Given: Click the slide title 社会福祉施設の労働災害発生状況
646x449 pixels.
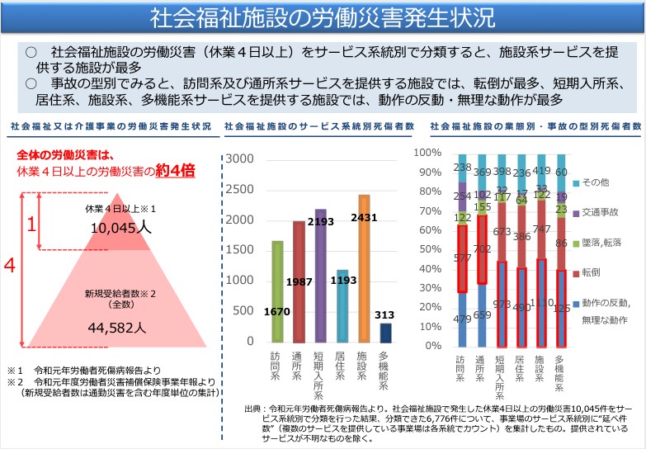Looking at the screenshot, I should click(323, 17).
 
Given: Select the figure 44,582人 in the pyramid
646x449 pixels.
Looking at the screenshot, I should click(116, 327).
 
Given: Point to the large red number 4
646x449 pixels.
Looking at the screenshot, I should click(10, 266).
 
